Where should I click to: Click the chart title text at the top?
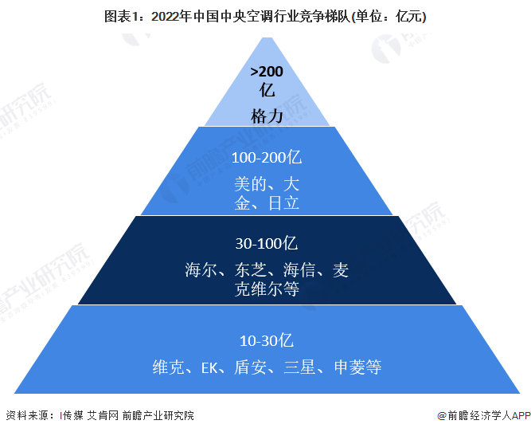265,15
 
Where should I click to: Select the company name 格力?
267,116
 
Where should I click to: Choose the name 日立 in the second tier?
284,203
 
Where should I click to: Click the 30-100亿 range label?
266,243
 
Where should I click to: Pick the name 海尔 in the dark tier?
201,270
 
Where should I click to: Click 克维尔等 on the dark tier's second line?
267,290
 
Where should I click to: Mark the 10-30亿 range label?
267,340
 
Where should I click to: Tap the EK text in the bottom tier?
209,367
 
